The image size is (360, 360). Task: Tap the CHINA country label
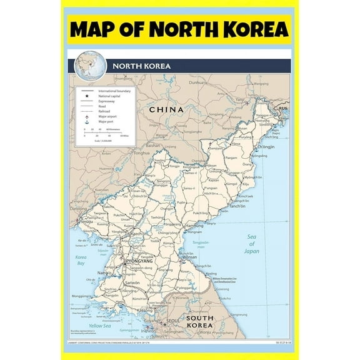click(166, 110)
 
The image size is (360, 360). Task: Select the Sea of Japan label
click(251, 244)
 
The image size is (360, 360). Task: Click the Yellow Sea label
click(100, 325)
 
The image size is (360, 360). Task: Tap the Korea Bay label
click(81, 260)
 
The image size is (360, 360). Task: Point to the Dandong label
click(77, 209)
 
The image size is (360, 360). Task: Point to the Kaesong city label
click(145, 309)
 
